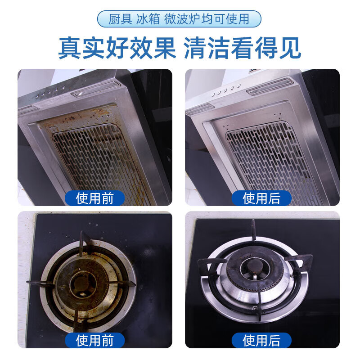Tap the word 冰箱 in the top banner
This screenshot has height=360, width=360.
click(149, 19)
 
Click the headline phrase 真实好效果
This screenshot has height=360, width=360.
click(117, 49)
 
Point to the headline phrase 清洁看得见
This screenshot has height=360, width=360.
click(243, 49)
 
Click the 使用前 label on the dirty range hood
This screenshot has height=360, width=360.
click(94, 198)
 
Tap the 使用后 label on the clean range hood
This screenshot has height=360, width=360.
click(261, 198)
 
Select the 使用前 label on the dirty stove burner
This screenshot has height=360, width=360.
click(94, 340)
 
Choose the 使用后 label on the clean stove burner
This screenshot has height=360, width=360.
click(261, 340)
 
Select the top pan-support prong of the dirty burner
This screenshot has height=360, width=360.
click(85, 243)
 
